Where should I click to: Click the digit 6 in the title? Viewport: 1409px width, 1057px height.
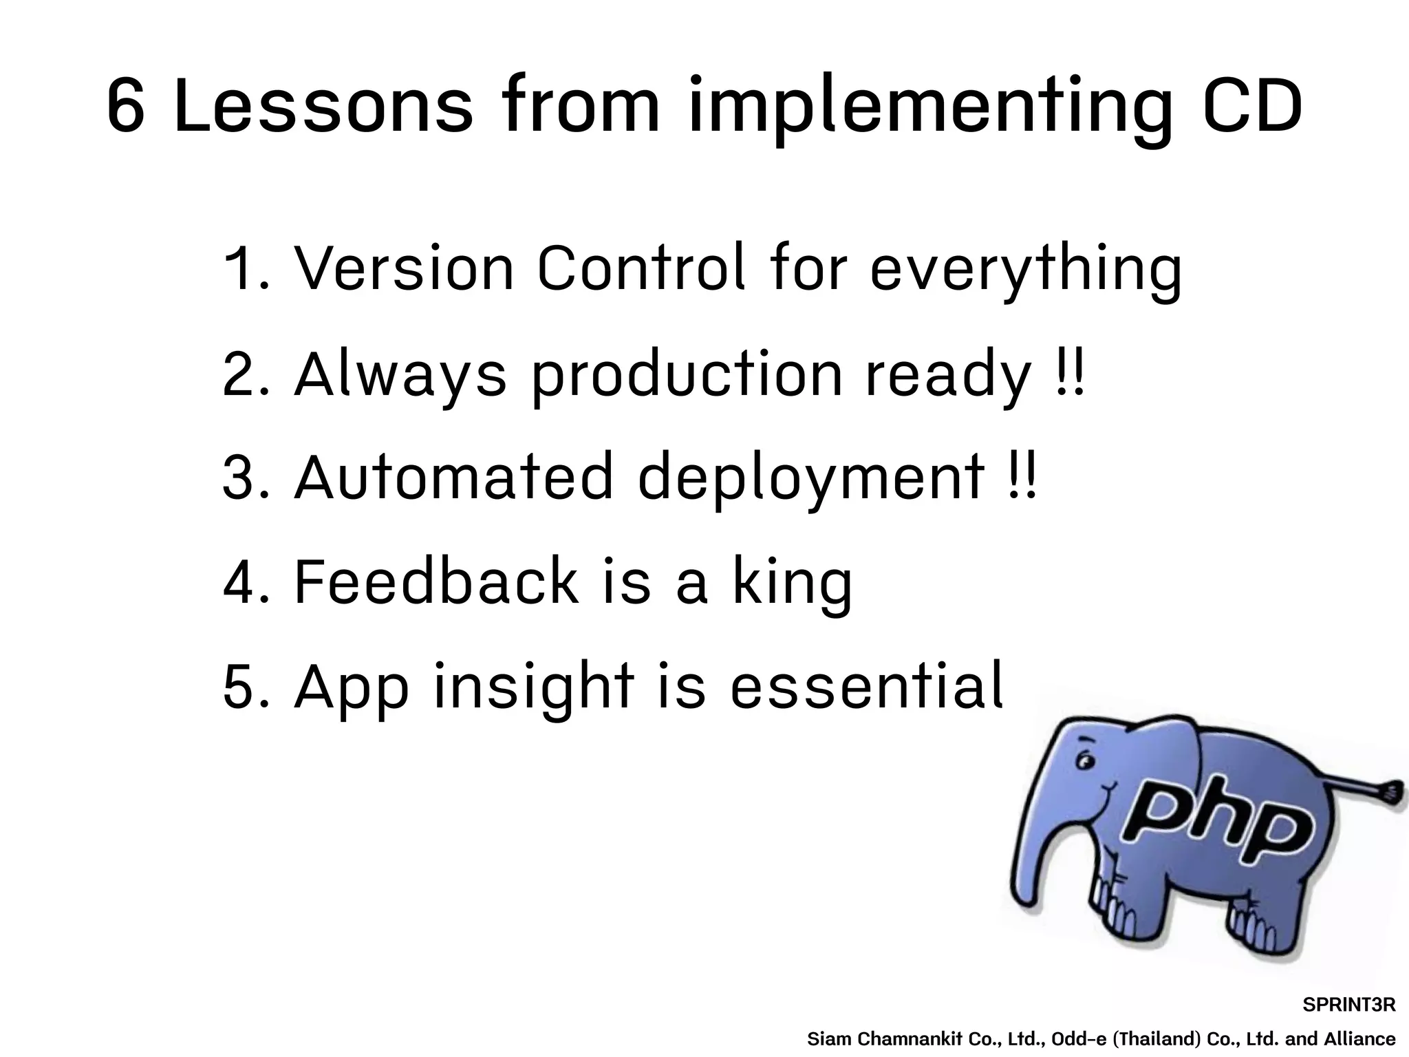[126, 107]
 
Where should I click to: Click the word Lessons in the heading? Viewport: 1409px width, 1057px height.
[323, 107]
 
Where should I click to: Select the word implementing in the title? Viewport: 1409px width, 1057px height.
[929, 110]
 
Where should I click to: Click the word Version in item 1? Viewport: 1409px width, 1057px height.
[405, 268]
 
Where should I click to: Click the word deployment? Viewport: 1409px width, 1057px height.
[810, 480]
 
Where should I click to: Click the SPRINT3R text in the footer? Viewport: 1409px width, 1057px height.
[1348, 1005]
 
